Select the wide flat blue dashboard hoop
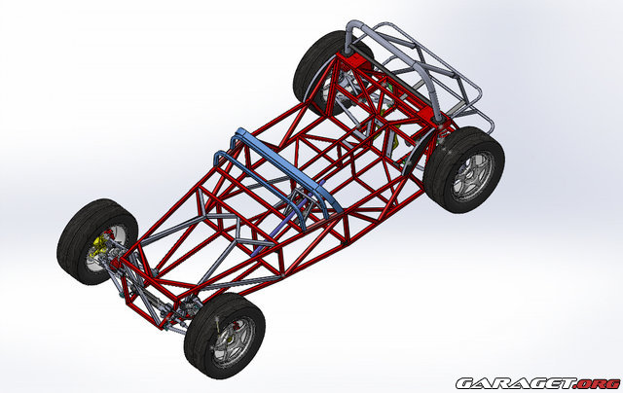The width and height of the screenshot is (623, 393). click(285, 166)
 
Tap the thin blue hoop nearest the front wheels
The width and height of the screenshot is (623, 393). click(258, 187)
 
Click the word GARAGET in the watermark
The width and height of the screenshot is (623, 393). click(515, 383)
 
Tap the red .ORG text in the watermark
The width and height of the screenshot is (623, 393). click(597, 384)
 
